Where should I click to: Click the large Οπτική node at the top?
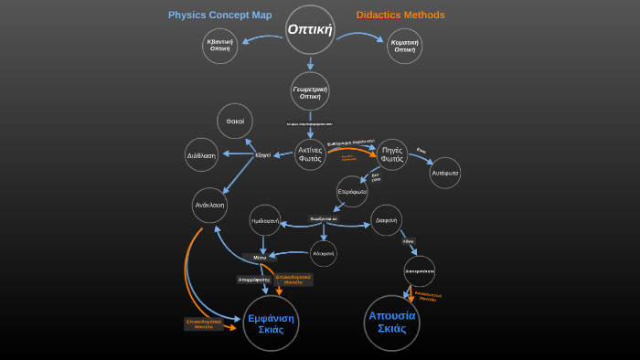pos(310,29)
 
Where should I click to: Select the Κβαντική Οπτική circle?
pos(219,46)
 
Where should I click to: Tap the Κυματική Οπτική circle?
pos(404,46)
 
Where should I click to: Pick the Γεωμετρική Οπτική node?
pos(310,91)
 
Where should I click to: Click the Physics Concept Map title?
pos(219,15)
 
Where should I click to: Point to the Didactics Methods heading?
pos(400,15)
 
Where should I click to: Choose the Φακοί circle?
pos(235,122)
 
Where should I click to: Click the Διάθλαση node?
pos(201,155)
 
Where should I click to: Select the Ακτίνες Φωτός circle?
pos(310,154)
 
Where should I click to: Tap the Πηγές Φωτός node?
pos(392,154)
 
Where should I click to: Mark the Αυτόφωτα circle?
pos(445,173)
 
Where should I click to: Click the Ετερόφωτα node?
pos(352,192)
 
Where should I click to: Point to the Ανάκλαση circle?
pos(209,206)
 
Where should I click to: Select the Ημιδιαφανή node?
pos(265,220)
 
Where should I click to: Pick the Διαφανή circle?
pos(386,220)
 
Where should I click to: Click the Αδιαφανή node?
pos(324,253)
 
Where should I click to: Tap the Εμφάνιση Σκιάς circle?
pos(271,323)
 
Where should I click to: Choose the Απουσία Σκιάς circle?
pos(391,323)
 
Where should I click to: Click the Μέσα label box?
pos(260,258)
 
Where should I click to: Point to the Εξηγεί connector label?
pos(262,155)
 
